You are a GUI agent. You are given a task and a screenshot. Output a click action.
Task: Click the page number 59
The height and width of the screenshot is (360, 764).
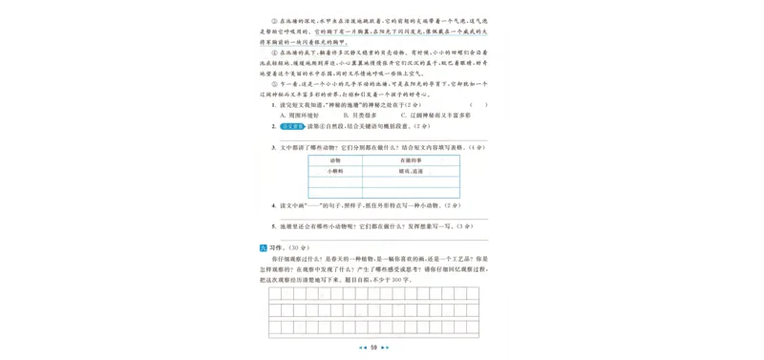(x=374, y=348)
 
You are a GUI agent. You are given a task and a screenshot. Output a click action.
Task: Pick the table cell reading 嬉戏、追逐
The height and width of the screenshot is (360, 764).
(x=411, y=171)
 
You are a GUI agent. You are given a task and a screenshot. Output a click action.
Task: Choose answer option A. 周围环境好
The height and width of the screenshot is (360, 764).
(x=303, y=115)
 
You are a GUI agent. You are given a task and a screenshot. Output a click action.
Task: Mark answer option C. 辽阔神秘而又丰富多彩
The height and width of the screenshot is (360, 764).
(x=435, y=115)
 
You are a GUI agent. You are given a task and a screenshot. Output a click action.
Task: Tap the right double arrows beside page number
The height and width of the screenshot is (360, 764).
(x=387, y=348)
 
